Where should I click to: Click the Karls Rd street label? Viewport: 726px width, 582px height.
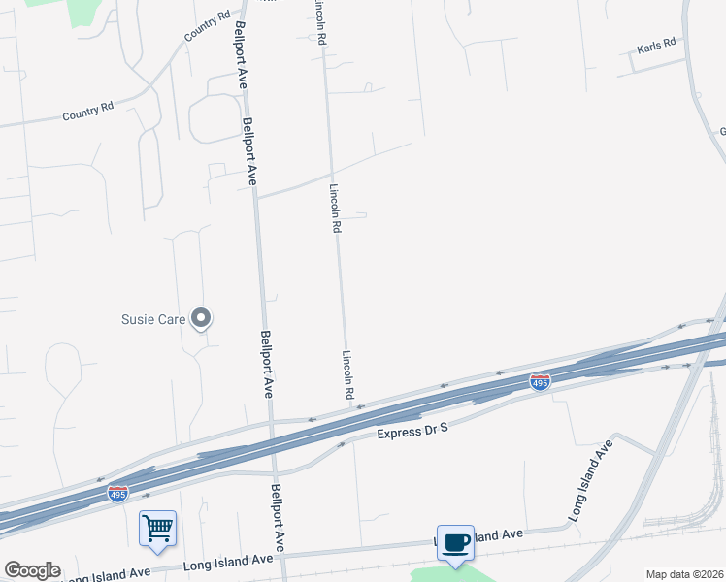656,47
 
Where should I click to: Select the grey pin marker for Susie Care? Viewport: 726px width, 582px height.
202,317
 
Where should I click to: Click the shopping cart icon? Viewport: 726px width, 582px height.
157,529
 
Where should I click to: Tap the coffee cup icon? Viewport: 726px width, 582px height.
454,542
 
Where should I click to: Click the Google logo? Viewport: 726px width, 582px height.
32,570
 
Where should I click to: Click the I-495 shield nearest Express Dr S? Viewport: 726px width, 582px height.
541,382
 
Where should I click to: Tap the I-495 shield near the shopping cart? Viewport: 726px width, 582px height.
118,493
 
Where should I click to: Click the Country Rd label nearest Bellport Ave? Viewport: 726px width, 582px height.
207,27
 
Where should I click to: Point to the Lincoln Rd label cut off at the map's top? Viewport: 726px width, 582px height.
318,21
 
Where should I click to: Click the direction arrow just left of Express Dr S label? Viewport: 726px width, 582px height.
341,445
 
